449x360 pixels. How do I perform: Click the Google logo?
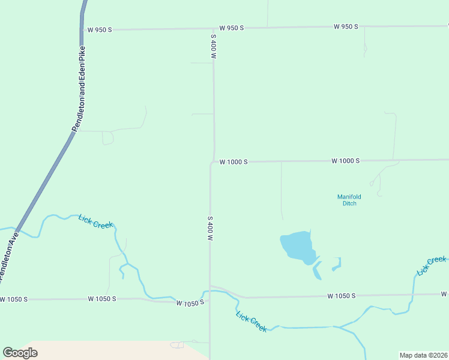coord(20,352)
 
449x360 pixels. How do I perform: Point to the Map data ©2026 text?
coord(423,355)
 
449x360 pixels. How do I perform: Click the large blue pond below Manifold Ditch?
coord(298,246)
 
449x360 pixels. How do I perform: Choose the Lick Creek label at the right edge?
coord(432,266)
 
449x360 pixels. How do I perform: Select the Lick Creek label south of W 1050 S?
coord(252,322)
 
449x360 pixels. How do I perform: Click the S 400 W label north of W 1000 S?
coord(213,46)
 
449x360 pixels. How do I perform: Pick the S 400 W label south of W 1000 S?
coord(210,229)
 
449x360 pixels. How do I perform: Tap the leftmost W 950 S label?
coord(99,29)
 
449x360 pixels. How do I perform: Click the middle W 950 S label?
coord(231,28)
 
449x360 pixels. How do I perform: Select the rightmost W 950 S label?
coord(346,26)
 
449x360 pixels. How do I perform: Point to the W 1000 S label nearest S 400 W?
coord(234,161)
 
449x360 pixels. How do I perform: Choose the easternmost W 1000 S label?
coord(345,161)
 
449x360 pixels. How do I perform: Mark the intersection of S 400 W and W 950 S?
coord(214,28)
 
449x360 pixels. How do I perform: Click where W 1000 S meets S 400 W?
coord(212,162)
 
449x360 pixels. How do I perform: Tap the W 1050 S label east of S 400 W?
coord(342,296)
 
